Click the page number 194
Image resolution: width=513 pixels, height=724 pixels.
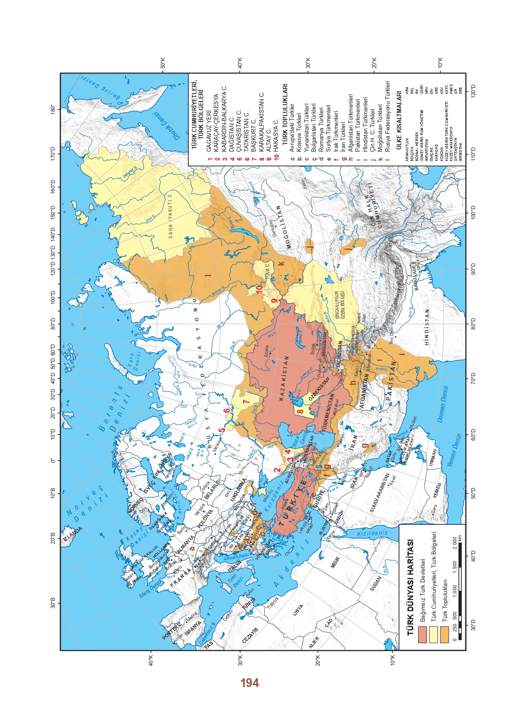tap(249, 683)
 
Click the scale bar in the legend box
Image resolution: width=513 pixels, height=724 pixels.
tap(460, 590)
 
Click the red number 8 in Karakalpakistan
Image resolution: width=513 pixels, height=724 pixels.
tap(301, 410)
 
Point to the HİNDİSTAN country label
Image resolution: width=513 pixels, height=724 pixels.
tap(427, 327)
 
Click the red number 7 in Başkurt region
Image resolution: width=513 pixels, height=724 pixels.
tap(247, 401)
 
